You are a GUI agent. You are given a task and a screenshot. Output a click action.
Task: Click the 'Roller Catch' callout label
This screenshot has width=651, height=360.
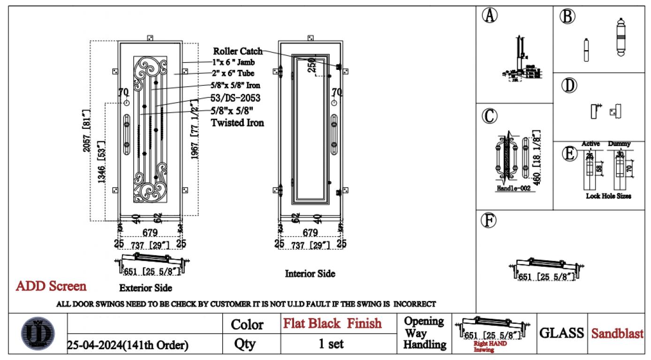pos(238,51)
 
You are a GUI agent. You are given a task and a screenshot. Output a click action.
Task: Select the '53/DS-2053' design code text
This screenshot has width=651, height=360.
pos(235,98)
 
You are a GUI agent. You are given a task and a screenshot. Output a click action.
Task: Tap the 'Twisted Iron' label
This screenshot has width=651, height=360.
pos(237,123)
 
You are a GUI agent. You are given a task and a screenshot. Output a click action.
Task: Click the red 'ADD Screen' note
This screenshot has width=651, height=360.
pos(51,286)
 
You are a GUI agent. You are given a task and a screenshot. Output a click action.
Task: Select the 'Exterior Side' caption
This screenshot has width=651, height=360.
pos(145,287)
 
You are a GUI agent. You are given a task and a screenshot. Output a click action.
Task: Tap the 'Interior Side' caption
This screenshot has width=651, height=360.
pos(310,273)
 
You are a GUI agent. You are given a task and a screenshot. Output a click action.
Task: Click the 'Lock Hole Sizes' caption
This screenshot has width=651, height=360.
pos(608,196)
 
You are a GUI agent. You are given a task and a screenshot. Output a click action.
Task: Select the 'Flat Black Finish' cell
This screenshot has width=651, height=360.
pos(332,323)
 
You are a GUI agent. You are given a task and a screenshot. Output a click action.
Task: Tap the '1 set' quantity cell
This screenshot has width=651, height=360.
pos(331,344)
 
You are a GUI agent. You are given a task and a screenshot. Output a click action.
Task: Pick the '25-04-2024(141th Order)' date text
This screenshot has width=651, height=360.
pos(128,345)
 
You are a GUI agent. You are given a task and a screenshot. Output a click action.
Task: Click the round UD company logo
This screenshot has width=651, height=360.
pos(38,334)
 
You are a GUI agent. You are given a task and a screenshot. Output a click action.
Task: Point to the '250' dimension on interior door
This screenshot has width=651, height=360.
pos(311,65)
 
